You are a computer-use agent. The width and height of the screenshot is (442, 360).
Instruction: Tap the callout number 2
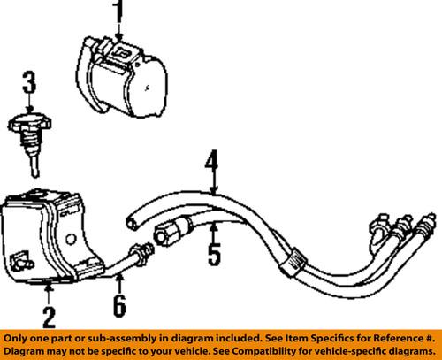tap(50, 317)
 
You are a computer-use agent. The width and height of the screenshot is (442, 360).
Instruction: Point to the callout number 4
tap(211, 163)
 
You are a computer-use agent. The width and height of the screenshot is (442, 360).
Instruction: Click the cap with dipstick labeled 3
tap(30, 143)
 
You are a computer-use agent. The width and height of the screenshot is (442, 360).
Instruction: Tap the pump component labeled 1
tap(121, 78)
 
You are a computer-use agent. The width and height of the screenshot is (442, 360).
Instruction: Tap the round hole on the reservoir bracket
tap(70, 240)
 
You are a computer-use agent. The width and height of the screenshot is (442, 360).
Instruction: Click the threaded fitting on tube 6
tap(142, 252)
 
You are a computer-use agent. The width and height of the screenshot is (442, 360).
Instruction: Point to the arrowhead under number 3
tap(29, 110)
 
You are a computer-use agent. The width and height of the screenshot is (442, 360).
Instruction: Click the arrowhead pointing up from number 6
tap(119, 277)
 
